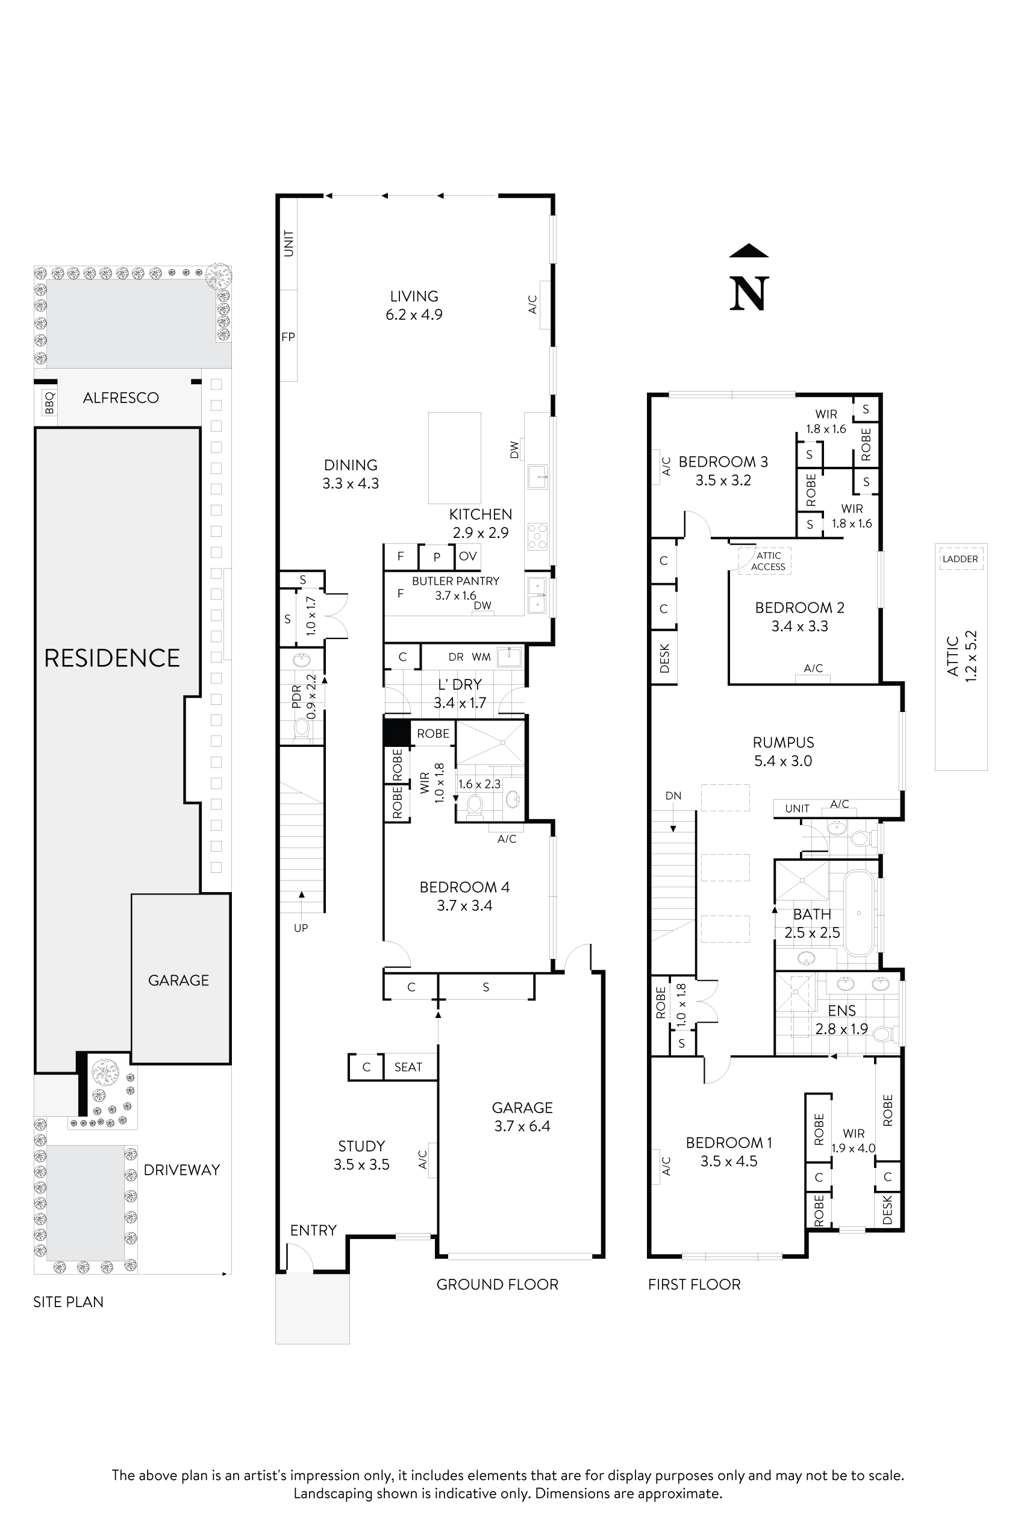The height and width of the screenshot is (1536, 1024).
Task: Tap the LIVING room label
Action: (x=414, y=296)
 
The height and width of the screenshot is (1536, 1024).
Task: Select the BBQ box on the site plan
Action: (x=48, y=402)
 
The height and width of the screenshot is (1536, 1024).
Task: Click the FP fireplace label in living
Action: (x=288, y=337)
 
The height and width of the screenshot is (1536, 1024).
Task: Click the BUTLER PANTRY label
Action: (x=455, y=581)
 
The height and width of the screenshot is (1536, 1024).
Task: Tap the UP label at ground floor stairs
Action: (x=301, y=928)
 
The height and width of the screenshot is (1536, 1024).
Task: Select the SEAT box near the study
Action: (x=408, y=1067)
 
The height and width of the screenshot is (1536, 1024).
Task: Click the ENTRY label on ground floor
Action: (x=313, y=1231)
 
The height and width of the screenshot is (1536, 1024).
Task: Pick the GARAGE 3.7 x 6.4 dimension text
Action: (x=522, y=1126)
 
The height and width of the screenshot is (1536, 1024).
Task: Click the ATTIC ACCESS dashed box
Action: (x=766, y=561)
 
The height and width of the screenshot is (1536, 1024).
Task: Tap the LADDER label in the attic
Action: (x=960, y=559)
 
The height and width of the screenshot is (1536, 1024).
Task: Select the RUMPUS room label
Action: (x=783, y=743)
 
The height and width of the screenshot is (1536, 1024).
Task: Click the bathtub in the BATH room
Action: (x=859, y=913)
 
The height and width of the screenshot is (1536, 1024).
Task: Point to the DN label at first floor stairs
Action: (x=673, y=796)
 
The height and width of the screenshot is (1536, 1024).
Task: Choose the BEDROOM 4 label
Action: (x=464, y=887)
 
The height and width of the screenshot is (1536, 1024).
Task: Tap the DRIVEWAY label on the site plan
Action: (x=181, y=1170)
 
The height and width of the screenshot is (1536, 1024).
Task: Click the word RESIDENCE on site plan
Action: (x=111, y=658)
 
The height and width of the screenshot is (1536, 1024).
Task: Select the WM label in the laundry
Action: (x=481, y=657)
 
